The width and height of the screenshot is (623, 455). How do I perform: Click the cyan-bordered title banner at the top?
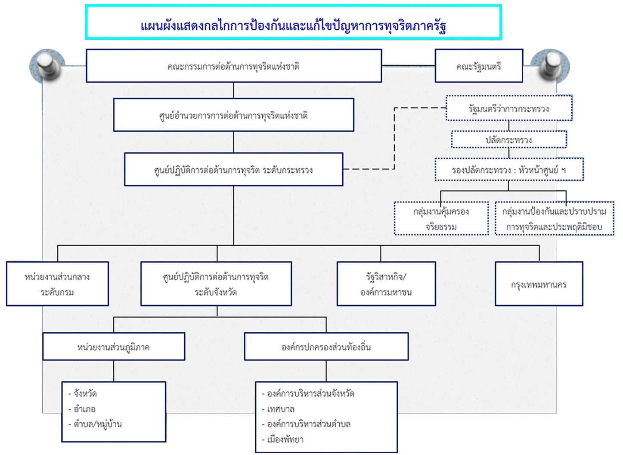[x=294, y=22]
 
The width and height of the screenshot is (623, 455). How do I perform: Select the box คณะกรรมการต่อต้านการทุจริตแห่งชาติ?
[x=234, y=66]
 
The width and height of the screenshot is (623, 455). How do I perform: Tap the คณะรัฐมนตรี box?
[x=479, y=66]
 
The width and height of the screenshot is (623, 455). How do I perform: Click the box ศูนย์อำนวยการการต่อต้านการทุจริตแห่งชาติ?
[x=234, y=115]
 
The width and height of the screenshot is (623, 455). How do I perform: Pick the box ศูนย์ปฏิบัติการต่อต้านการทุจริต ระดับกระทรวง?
[x=234, y=169]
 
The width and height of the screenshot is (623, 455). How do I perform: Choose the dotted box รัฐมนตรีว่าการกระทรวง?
[x=509, y=108]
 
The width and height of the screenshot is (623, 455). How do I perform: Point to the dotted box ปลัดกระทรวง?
[x=509, y=139]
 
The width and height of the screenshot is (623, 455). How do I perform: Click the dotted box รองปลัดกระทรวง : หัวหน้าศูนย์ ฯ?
[x=509, y=169]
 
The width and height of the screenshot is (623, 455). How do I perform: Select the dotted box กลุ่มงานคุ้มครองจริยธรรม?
[x=441, y=219]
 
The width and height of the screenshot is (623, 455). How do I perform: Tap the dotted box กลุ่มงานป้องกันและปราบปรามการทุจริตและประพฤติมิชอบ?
[x=554, y=219]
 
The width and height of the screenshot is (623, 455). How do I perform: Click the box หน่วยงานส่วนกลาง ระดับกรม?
[x=57, y=284]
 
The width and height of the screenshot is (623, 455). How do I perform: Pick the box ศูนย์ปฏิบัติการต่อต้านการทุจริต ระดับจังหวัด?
[x=216, y=284]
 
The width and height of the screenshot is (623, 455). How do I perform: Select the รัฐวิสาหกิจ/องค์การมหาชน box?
[x=386, y=284]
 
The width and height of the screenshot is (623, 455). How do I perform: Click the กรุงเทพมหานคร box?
[x=539, y=284]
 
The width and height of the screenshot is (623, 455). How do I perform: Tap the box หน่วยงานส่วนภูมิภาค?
[x=114, y=347]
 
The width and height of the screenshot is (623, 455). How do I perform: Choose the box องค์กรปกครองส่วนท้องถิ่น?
[x=326, y=347]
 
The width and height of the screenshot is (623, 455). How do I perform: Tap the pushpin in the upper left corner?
[x=48, y=66]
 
